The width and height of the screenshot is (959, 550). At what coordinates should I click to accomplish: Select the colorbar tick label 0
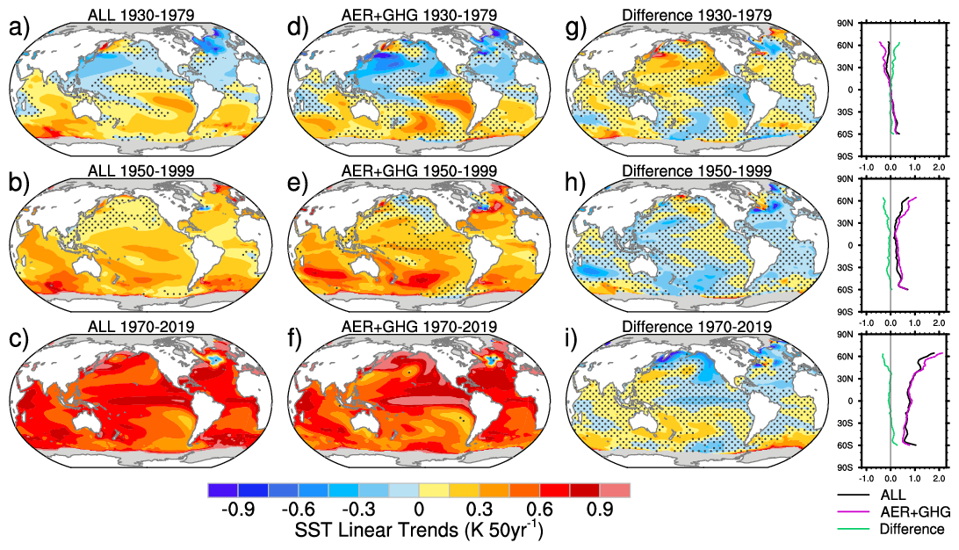pyautogui.click(x=419, y=510)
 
